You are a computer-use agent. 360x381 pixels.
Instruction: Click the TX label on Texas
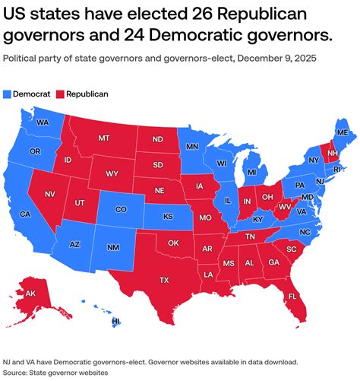tap(163, 280)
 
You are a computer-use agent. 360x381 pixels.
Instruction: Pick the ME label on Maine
tap(343, 132)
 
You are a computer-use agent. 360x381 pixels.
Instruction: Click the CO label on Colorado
tap(120, 209)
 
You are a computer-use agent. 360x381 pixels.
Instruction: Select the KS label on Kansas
tap(167, 216)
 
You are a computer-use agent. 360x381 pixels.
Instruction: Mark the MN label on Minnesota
tap(193, 146)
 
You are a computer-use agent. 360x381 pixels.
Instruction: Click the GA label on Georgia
tap(273, 262)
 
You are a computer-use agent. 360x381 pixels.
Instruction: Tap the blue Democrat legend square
tap(8, 94)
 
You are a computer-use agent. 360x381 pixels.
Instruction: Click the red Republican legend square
tap(61, 94)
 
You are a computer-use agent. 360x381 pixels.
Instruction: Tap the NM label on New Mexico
tap(112, 248)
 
